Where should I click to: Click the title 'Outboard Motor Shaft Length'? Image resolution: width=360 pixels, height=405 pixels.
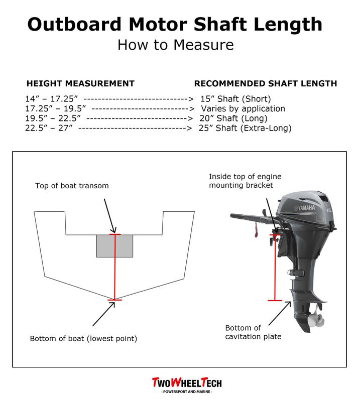pyautogui.click(x=175, y=24)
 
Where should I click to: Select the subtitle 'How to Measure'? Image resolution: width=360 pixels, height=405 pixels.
pyautogui.click(x=175, y=45)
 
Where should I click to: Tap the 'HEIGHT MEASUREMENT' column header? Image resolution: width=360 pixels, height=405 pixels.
pyautogui.click(x=80, y=83)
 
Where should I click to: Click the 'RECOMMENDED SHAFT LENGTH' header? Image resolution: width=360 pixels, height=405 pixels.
pyautogui.click(x=265, y=83)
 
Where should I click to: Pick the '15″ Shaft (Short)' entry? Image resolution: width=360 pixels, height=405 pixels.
pyautogui.click(x=235, y=98)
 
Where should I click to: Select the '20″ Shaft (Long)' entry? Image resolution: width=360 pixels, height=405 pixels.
pyautogui.click(x=233, y=118)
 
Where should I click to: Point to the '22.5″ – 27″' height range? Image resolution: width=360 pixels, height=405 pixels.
pyautogui.click(x=50, y=128)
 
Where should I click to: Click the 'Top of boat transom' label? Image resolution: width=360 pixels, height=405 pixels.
pyautogui.click(x=72, y=186)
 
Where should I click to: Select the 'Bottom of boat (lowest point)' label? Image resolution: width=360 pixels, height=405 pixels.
pyautogui.click(x=83, y=338)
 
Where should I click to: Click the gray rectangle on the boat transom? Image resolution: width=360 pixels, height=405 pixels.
pyautogui.click(x=114, y=246)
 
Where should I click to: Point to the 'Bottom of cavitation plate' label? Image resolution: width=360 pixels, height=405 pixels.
pyautogui.click(x=250, y=332)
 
